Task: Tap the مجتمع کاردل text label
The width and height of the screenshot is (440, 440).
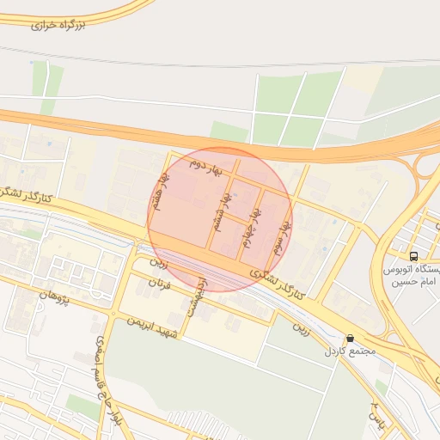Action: pyautogui.click(x=346, y=352)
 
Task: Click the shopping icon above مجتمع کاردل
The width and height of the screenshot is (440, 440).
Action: pyautogui.click(x=349, y=339)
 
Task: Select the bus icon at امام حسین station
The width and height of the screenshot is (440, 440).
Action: pyautogui.click(x=414, y=256)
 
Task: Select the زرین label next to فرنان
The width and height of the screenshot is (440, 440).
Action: pyautogui.click(x=156, y=259)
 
